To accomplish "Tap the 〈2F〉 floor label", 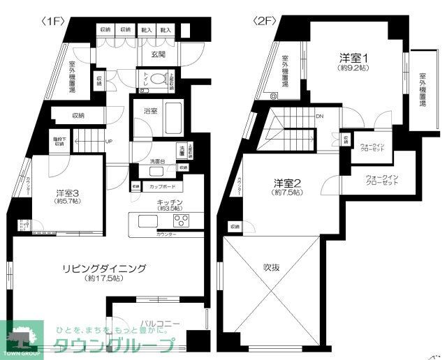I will pyautogui.click(x=265, y=22).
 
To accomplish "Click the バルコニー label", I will pyautogui.click(x=161, y=324).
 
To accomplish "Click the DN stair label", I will pyautogui.click(x=319, y=117).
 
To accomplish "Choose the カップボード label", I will pyautogui.click(x=162, y=187).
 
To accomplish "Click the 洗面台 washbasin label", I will pyautogui.click(x=157, y=163).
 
